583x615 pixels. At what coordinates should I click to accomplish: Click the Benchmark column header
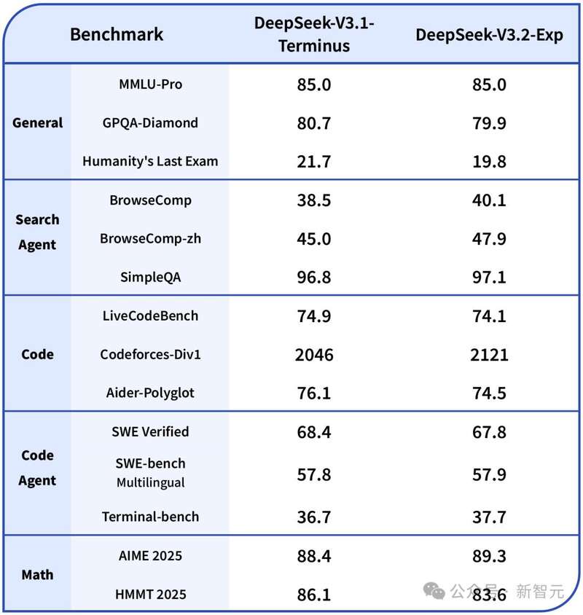(x=117, y=34)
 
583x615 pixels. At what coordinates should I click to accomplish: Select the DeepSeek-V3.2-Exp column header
(x=489, y=35)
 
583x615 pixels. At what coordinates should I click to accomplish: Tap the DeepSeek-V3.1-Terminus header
(x=313, y=34)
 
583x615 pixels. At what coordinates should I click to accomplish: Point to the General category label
(x=38, y=122)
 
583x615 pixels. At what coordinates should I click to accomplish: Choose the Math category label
(x=38, y=575)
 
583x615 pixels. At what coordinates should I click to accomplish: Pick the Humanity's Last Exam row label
(x=150, y=161)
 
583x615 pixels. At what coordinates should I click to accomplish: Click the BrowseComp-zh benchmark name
(x=150, y=238)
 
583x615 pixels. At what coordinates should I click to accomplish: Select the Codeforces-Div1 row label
(x=150, y=354)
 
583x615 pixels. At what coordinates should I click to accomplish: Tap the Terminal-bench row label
(x=150, y=517)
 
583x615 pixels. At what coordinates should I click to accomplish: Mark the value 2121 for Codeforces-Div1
(x=489, y=355)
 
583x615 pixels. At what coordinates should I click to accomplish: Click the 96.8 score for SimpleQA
(x=313, y=278)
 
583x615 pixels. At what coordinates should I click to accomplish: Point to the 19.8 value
(x=489, y=162)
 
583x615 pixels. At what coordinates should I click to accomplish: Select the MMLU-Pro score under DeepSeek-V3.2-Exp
(x=489, y=85)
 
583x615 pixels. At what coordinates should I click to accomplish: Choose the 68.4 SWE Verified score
(x=313, y=432)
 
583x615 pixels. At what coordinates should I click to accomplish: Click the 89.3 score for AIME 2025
(x=489, y=556)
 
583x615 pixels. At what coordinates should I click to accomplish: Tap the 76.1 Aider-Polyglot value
(x=313, y=393)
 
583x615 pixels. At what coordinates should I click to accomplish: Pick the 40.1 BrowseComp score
(x=489, y=200)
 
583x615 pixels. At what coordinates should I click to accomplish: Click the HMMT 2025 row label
(x=150, y=595)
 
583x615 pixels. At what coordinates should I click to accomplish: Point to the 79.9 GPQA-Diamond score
(x=489, y=123)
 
